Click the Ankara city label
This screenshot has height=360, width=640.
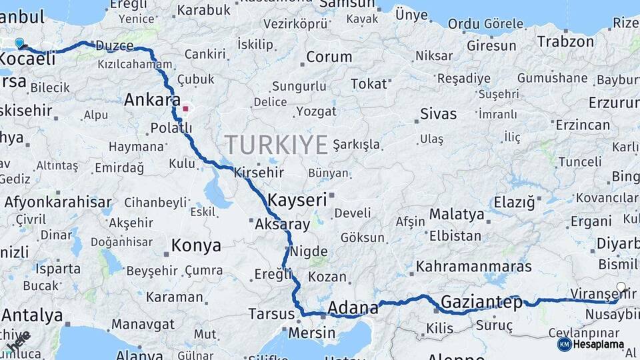click(152, 101)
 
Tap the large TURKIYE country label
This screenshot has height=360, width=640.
click(276, 145)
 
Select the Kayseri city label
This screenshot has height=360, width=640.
click(297, 199)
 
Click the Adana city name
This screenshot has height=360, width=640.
click(353, 308)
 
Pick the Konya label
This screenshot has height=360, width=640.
click(196, 245)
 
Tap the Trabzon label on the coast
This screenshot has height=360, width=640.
click(565, 41)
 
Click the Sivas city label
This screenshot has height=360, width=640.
click(439, 114)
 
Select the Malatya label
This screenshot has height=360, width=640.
click(456, 215)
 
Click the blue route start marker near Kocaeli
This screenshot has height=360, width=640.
click(19, 44)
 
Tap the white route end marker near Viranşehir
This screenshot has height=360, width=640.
click(621, 288)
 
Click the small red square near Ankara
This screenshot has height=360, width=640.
click(185, 108)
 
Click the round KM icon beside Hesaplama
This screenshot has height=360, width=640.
click(564, 344)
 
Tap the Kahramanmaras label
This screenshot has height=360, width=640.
click(474, 267)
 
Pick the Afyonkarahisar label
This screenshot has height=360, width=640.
click(58, 201)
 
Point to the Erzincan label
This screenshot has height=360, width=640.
click(583, 125)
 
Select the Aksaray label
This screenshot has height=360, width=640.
click(283, 225)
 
